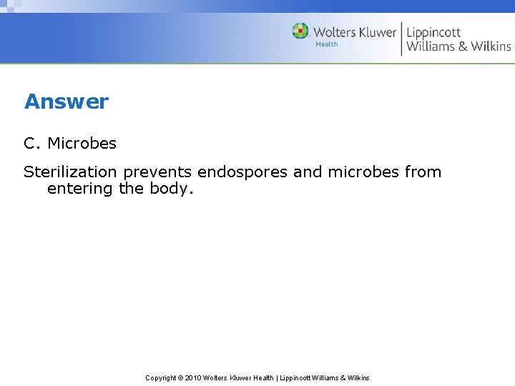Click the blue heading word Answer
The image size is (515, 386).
[x=67, y=102]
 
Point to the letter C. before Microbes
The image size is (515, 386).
[x=33, y=143]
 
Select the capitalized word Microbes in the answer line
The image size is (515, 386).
[x=82, y=143]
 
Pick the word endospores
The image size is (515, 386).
[x=240, y=172]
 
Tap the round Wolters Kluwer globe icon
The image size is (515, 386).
[x=300, y=31]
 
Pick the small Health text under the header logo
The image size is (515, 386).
[x=327, y=44]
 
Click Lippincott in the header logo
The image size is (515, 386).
[x=433, y=32]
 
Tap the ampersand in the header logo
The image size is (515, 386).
[x=461, y=46]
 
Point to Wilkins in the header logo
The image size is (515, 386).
[x=491, y=46]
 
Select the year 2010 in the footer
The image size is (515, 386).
[x=192, y=377]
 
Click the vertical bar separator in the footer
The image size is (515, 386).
[x=276, y=377]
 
